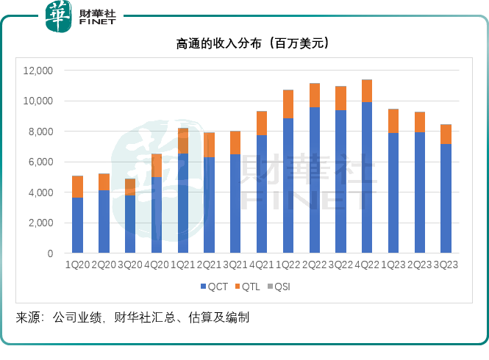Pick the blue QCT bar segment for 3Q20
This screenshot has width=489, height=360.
[x=129, y=223]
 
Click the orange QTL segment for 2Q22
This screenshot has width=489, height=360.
[x=314, y=96]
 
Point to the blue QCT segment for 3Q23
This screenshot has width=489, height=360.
[x=446, y=198]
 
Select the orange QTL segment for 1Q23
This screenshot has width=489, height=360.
[x=393, y=121]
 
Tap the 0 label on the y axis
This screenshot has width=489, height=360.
[x=50, y=253]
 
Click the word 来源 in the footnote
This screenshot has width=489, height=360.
[x=28, y=318]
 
